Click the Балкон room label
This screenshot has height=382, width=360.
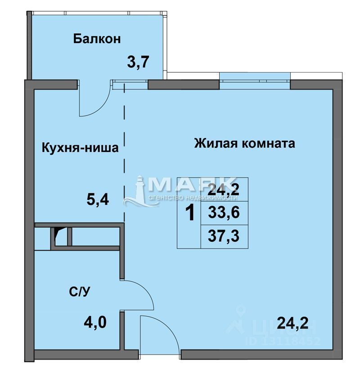coord(97,39)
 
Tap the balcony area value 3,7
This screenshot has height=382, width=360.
coord(138,62)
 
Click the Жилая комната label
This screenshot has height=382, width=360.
coord(244,144)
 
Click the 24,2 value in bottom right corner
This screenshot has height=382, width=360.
coord(292,323)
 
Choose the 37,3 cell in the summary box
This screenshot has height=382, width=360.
coord(224,235)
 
